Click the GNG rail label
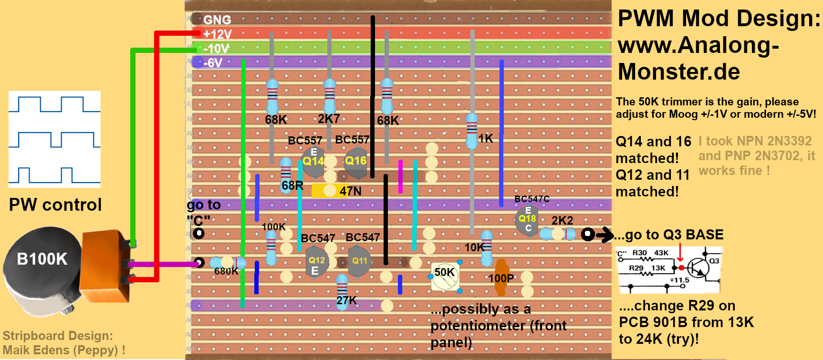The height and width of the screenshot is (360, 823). tap(217, 20)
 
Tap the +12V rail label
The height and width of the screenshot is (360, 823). tap(217, 34)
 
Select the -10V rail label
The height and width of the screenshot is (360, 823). tap(216, 49)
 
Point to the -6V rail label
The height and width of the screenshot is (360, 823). tap(213, 63)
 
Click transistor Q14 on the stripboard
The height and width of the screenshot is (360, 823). tap(313, 161)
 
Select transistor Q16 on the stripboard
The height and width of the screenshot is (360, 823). tap(355, 161)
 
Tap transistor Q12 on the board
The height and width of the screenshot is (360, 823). tap(316, 261)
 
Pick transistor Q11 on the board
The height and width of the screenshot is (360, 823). tap(360, 261)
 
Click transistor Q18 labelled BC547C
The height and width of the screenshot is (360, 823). tap(527, 219)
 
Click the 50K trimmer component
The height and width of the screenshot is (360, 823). tap(445, 276)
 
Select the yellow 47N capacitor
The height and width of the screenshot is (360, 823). tap(324, 191)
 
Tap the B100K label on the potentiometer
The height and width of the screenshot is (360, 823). tap(42, 259)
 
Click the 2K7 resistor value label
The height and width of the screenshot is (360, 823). tap(329, 119)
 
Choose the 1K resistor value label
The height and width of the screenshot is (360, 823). tap(486, 139)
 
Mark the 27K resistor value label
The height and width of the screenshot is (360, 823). tap(346, 300)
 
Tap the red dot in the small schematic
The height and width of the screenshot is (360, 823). tap(681, 268)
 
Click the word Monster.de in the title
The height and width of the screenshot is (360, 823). tap(679, 72)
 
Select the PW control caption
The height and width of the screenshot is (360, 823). tap(55, 205)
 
